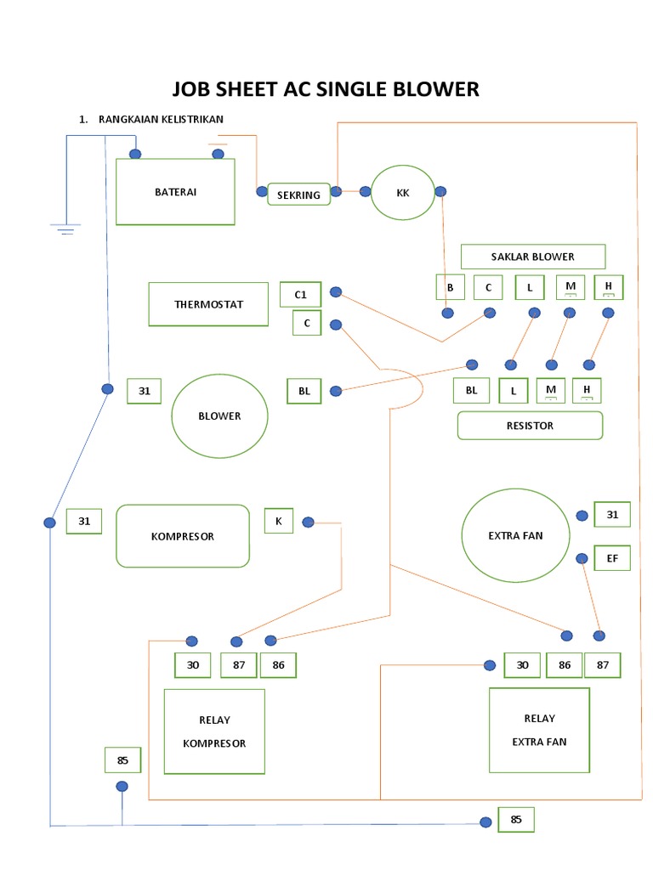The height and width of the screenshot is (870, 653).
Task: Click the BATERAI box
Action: coord(175,192)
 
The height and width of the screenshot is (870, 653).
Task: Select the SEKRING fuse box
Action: coord(298,195)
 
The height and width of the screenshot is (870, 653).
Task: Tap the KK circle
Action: coord(402,193)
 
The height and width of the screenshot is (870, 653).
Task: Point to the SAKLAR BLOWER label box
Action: coord(533,257)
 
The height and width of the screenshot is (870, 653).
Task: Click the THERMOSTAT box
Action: coord(209,304)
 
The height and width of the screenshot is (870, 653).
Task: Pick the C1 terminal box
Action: coord(300,295)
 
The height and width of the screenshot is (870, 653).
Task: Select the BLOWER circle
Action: coord(220,416)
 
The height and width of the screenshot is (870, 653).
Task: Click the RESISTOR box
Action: coord(530,426)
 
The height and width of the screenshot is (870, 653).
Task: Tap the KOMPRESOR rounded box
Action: coord(183,536)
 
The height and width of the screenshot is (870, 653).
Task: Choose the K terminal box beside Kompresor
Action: coord(279,521)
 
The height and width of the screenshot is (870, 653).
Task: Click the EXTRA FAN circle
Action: coord(516,535)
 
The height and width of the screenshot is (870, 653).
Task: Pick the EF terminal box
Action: coord(612,558)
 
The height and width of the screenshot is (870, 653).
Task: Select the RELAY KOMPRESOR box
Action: coord(214,732)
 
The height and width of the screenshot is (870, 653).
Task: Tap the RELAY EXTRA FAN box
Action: coord(539,730)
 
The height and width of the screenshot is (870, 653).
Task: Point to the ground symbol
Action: coord(65,229)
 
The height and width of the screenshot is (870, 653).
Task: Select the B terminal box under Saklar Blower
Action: coord(450,287)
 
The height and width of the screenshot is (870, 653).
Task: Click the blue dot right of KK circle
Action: coord(440,191)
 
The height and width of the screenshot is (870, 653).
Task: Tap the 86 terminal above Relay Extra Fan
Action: coord(565,664)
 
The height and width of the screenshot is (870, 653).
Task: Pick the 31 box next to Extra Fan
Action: coord(612,514)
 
